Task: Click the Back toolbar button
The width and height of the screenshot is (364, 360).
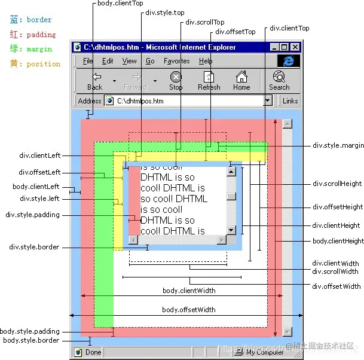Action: (95, 80)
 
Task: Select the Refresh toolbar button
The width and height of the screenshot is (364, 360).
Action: (209, 80)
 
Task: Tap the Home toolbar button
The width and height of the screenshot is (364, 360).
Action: (241, 80)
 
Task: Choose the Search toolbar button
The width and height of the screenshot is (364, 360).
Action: (279, 80)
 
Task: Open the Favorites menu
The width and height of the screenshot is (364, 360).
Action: (176, 61)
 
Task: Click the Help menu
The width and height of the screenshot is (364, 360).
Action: (206, 61)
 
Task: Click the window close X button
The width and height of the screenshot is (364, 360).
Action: (295, 47)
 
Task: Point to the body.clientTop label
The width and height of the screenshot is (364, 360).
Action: (120, 4)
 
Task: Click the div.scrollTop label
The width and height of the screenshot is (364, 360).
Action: (204, 22)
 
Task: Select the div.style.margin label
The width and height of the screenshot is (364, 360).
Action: (338, 145)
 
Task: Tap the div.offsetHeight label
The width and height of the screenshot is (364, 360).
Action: (338, 207)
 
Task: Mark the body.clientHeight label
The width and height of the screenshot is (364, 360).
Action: (338, 241)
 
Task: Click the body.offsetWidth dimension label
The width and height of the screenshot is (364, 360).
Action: (189, 310)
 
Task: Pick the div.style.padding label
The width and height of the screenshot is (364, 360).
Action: (32, 215)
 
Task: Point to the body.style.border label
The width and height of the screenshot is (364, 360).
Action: (31, 340)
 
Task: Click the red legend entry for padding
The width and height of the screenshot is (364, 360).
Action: (33, 35)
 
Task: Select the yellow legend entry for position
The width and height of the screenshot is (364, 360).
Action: (35, 64)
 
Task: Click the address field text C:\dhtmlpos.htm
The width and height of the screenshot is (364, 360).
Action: (140, 101)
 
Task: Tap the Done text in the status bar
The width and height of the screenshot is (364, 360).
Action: (93, 352)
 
